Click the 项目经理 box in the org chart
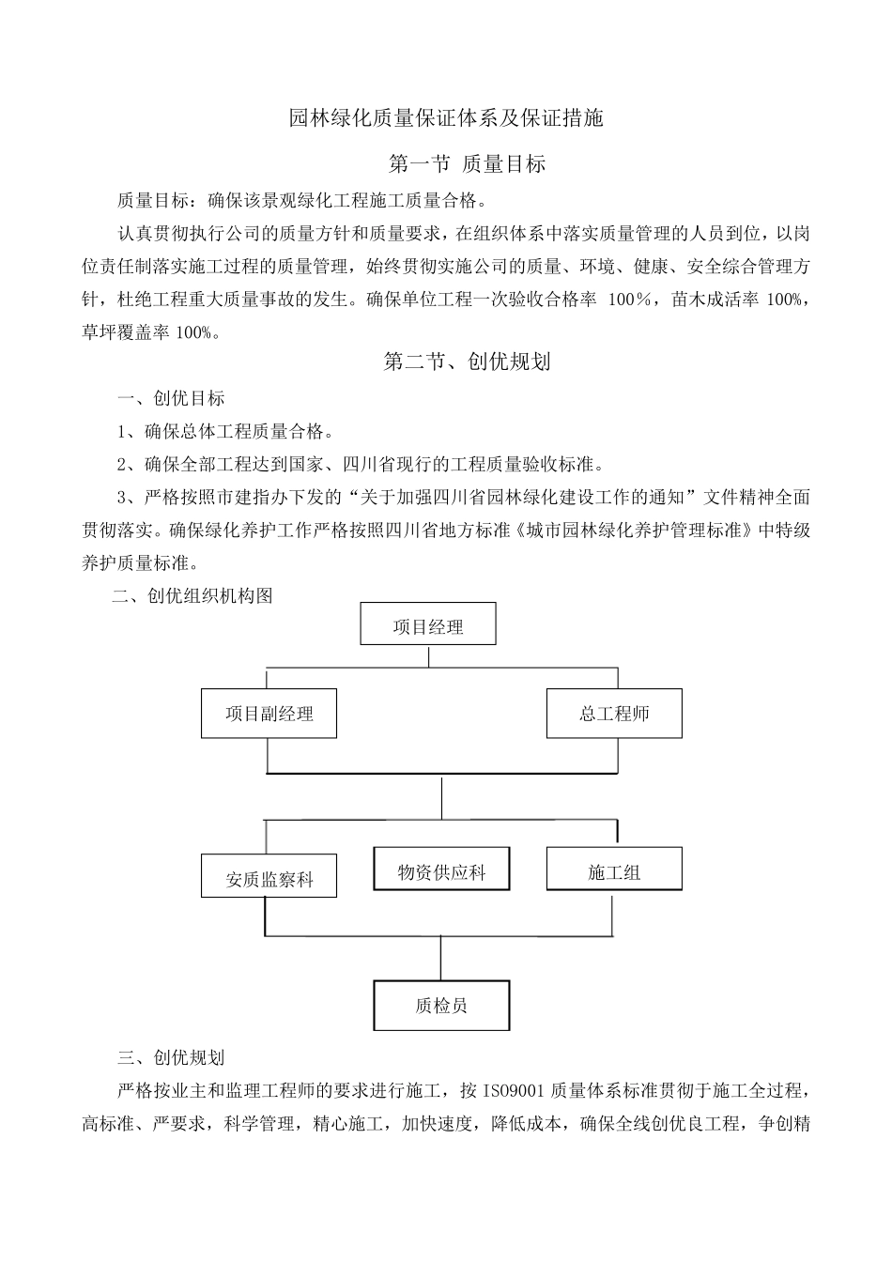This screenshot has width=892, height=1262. [x=428, y=624]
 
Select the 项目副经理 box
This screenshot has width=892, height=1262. [x=269, y=714]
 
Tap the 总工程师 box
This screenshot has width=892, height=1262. [x=614, y=714]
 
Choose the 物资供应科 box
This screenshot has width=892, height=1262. [x=441, y=872]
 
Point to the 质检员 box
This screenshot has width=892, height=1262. [x=441, y=1006]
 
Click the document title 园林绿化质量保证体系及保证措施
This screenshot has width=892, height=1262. [x=446, y=118]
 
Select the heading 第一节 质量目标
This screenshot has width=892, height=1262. [x=467, y=164]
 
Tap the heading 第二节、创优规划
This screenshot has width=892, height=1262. [x=467, y=362]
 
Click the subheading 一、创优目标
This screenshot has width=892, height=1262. [x=172, y=399]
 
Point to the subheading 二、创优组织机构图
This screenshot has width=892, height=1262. [x=192, y=596]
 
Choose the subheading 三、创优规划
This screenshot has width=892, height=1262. [x=172, y=1058]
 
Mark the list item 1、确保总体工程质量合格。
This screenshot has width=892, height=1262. [x=225, y=432]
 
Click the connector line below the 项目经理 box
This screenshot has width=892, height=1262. [x=428, y=655]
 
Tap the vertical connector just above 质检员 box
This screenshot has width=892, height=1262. [x=441, y=958]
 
